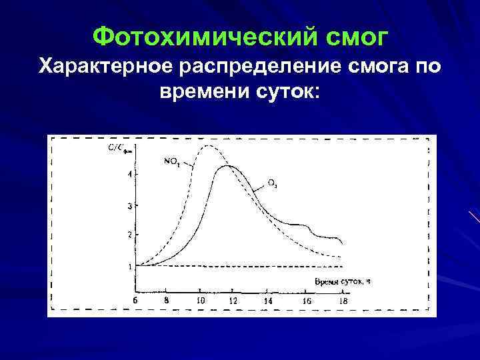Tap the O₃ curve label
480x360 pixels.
coord(273,181)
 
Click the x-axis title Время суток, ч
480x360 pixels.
coord(342,281)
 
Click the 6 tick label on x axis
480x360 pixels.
coord(135,301)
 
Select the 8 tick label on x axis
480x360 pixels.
coord(166,301)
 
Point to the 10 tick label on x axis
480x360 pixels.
coord(201,301)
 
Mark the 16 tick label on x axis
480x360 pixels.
coord(306,301)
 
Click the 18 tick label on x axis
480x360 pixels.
coord(343,301)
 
